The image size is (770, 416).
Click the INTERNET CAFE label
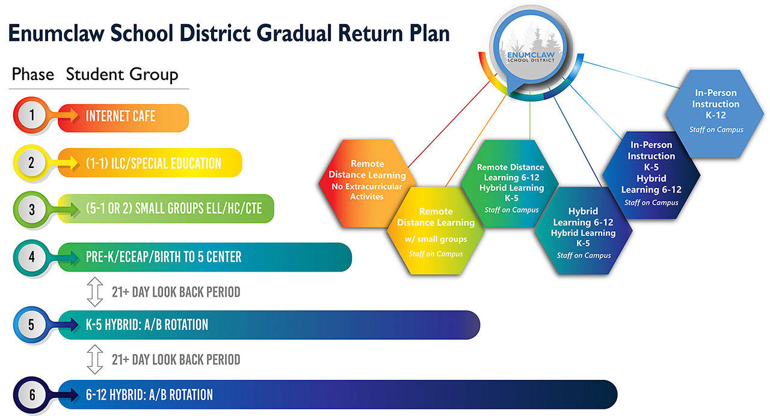pos(120,116)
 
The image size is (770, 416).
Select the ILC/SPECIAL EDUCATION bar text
pos(153,163)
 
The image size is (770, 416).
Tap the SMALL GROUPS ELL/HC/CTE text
pos(171,210)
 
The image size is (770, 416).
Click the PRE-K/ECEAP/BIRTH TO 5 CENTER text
pos(164,257)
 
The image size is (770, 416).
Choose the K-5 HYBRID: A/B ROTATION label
pos(147,325)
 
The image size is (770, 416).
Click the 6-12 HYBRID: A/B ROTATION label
pos(149,395)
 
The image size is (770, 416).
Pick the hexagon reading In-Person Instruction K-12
pos(716,108)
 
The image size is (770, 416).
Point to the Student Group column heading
pos(122,75)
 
